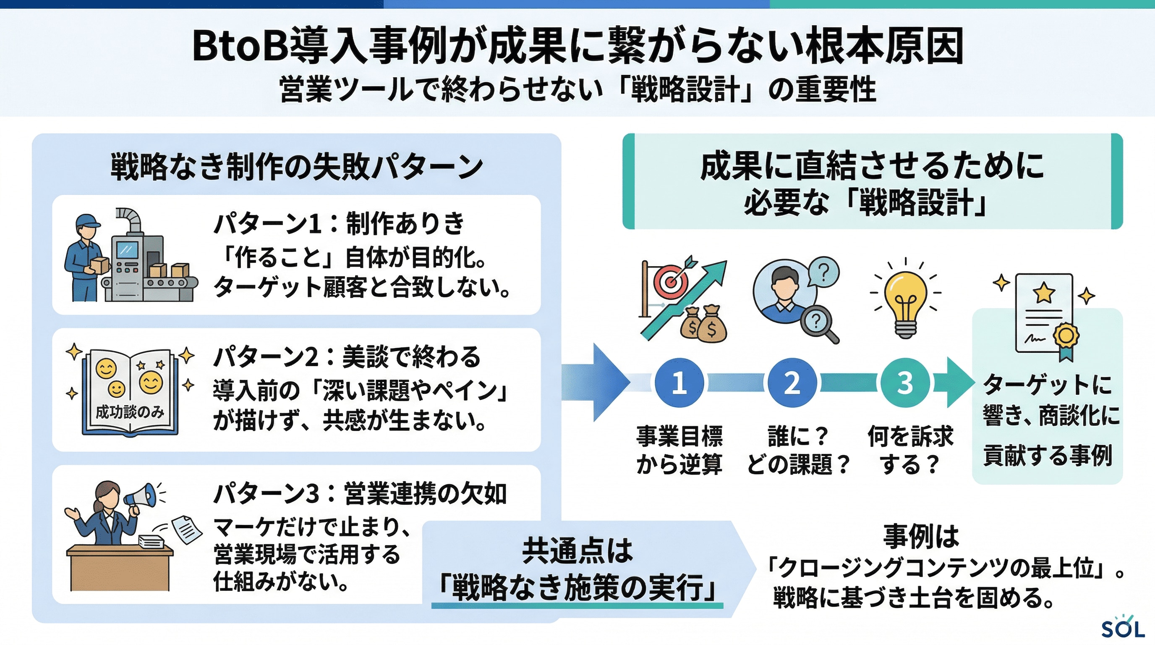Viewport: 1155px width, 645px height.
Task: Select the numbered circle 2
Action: [x=792, y=383]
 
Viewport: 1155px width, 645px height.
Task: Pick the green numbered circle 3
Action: [x=905, y=383]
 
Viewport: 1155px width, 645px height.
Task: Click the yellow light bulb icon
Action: [x=905, y=301]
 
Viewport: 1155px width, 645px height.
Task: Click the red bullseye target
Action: [x=671, y=282]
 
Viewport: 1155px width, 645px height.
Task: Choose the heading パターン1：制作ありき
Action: [x=339, y=223]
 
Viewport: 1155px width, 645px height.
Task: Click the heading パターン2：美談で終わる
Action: [x=346, y=357]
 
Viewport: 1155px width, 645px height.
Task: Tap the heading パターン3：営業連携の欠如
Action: [x=360, y=494]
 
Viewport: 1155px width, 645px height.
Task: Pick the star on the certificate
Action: [x=1044, y=292]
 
